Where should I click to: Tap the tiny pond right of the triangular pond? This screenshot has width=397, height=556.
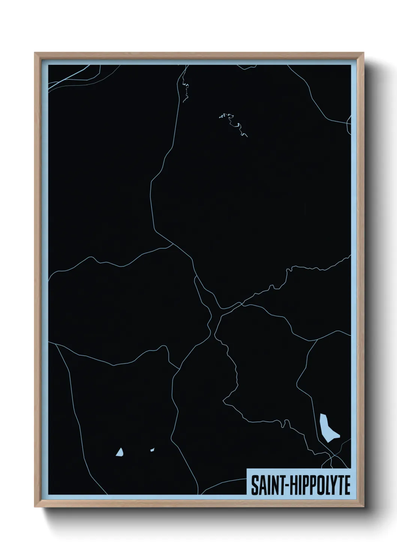[x=152, y=449]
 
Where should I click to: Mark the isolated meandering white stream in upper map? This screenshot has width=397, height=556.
[x=234, y=124]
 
